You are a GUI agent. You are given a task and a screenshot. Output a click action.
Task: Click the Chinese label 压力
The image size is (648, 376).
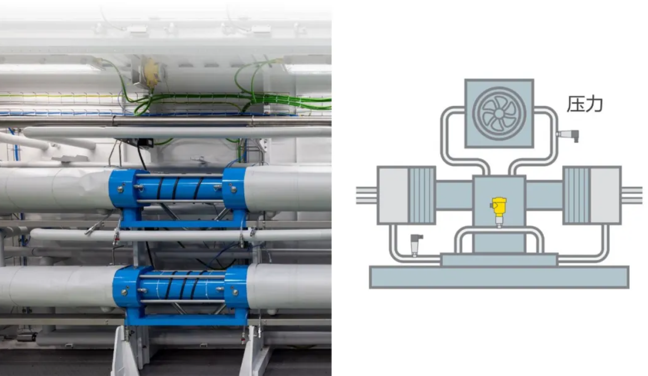point(585,104)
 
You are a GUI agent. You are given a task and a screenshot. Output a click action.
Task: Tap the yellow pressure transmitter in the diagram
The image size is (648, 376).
point(499,212)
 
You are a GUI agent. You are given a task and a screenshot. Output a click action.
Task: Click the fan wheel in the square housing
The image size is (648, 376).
point(499,113)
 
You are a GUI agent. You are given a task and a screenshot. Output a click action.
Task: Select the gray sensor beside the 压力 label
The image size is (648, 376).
point(568,136)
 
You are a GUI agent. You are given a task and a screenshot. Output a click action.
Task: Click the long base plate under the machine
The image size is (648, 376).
point(499,277)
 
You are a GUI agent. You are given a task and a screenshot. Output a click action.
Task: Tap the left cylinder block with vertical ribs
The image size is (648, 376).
point(407,195)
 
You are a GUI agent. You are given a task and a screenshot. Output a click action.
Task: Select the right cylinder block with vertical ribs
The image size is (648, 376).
point(592,195)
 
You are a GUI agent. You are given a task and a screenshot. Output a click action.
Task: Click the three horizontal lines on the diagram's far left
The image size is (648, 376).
point(366,195)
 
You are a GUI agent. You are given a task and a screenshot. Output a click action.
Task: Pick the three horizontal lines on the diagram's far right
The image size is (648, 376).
point(632,195)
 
